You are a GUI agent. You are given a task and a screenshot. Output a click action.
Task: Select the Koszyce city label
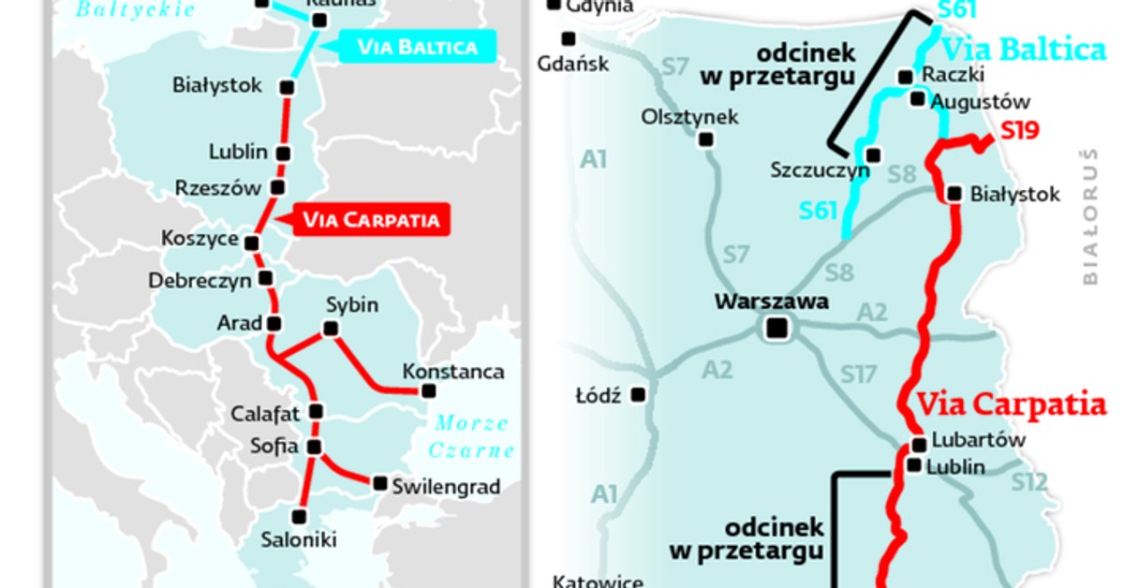click(200, 240)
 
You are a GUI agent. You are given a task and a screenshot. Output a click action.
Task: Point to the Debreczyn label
click(200, 280)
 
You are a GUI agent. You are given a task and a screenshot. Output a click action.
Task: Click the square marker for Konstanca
click(429, 390)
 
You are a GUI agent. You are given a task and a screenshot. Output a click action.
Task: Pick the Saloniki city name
click(299, 539)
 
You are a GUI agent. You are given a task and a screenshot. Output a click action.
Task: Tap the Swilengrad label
click(446, 487)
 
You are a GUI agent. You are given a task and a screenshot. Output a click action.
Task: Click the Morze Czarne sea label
click(471, 436)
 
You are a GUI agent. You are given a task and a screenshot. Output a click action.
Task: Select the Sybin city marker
click(330, 329)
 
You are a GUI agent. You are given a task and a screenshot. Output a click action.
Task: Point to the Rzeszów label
click(217, 188)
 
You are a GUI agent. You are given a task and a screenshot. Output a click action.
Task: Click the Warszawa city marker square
click(776, 328)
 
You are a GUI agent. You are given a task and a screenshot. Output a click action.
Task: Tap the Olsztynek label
click(689, 117)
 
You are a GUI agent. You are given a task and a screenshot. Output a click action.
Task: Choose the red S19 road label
click(1019, 131)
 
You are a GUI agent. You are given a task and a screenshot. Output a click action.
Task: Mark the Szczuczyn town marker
click(873, 155)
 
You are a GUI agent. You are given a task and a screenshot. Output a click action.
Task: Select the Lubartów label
click(979, 440)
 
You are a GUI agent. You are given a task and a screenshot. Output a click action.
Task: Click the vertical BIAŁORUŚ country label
click(1088, 215)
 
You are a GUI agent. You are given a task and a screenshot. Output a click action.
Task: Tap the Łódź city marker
click(639, 395)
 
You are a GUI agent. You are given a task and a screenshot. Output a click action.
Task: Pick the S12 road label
click(1028, 482)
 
